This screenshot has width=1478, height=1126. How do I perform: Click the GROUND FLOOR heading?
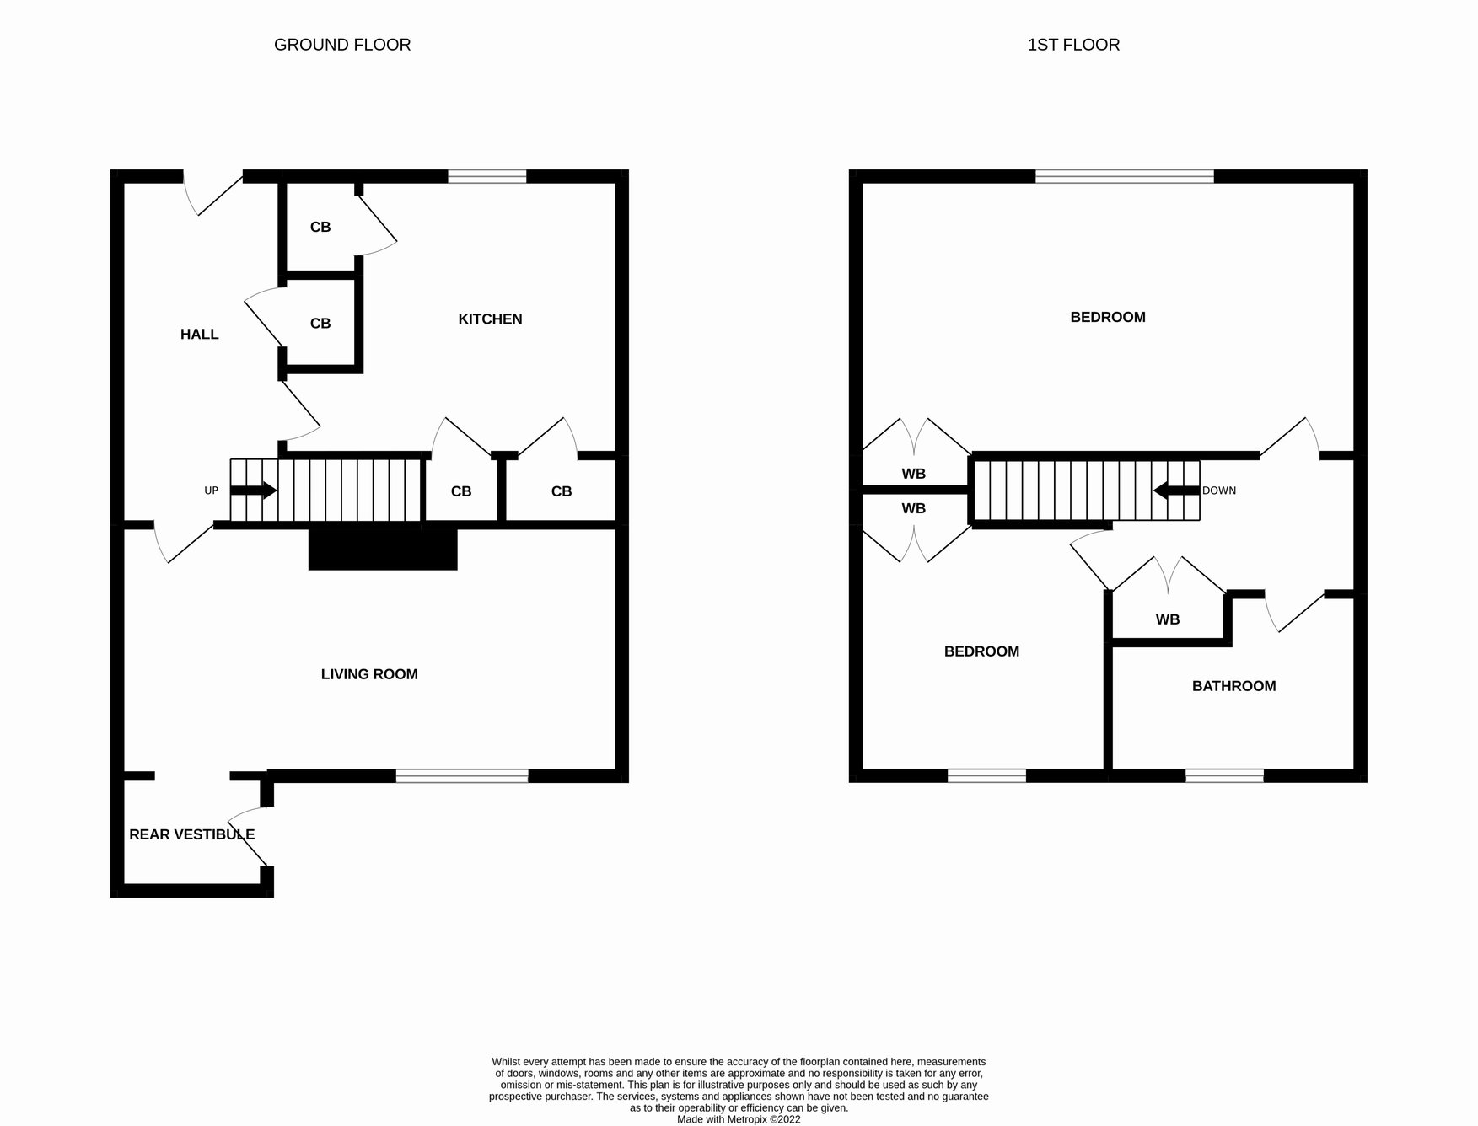[x=342, y=45]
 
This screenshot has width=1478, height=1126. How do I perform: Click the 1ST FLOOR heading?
[x=1073, y=45]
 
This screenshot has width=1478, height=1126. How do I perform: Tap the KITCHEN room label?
[x=490, y=319]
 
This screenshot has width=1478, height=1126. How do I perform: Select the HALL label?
[x=199, y=335]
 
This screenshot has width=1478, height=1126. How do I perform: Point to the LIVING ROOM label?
[x=369, y=674]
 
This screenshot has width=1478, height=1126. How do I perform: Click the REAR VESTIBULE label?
[x=191, y=834]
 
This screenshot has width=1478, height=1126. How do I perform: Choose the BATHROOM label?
[x=1233, y=686]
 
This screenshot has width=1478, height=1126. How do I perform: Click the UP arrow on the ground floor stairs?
[x=254, y=491]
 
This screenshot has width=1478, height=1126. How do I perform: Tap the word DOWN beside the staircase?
[x=1219, y=491]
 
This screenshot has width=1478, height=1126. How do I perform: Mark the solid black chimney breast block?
[x=383, y=549]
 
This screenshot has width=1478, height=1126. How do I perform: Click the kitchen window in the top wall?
[x=486, y=176]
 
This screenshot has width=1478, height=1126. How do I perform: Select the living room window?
[x=462, y=776]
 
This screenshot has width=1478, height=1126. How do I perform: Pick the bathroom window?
[x=1224, y=776]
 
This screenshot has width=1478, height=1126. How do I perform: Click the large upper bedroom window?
[x=1124, y=176]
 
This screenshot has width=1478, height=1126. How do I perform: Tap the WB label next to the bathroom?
[x=1167, y=619]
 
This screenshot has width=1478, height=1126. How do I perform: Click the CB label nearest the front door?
[x=320, y=227]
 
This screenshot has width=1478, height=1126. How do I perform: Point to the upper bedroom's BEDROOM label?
[x=1107, y=317]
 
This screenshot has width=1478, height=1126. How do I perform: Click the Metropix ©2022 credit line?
[x=739, y=1120]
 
